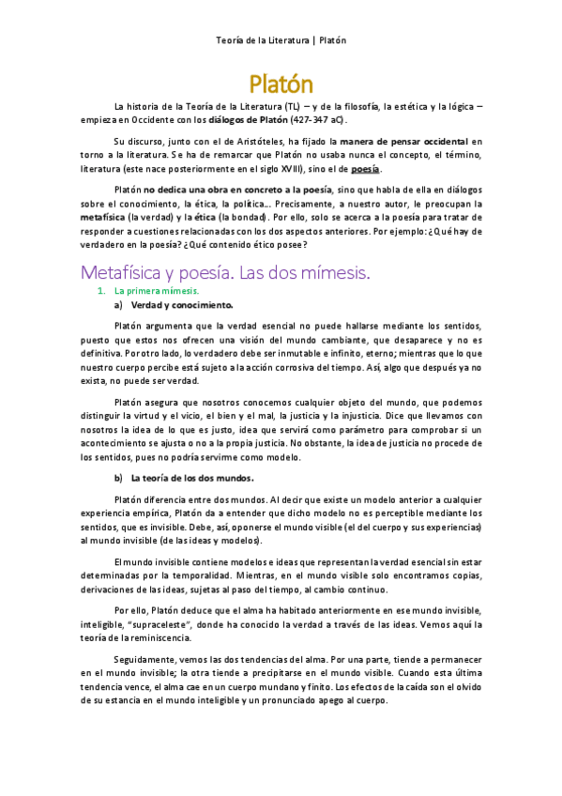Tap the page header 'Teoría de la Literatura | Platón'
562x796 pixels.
click(x=281, y=40)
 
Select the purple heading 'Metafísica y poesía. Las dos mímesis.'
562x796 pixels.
click(x=226, y=272)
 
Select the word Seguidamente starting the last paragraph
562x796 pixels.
click(x=143, y=659)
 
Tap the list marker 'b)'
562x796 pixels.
click(x=118, y=478)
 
